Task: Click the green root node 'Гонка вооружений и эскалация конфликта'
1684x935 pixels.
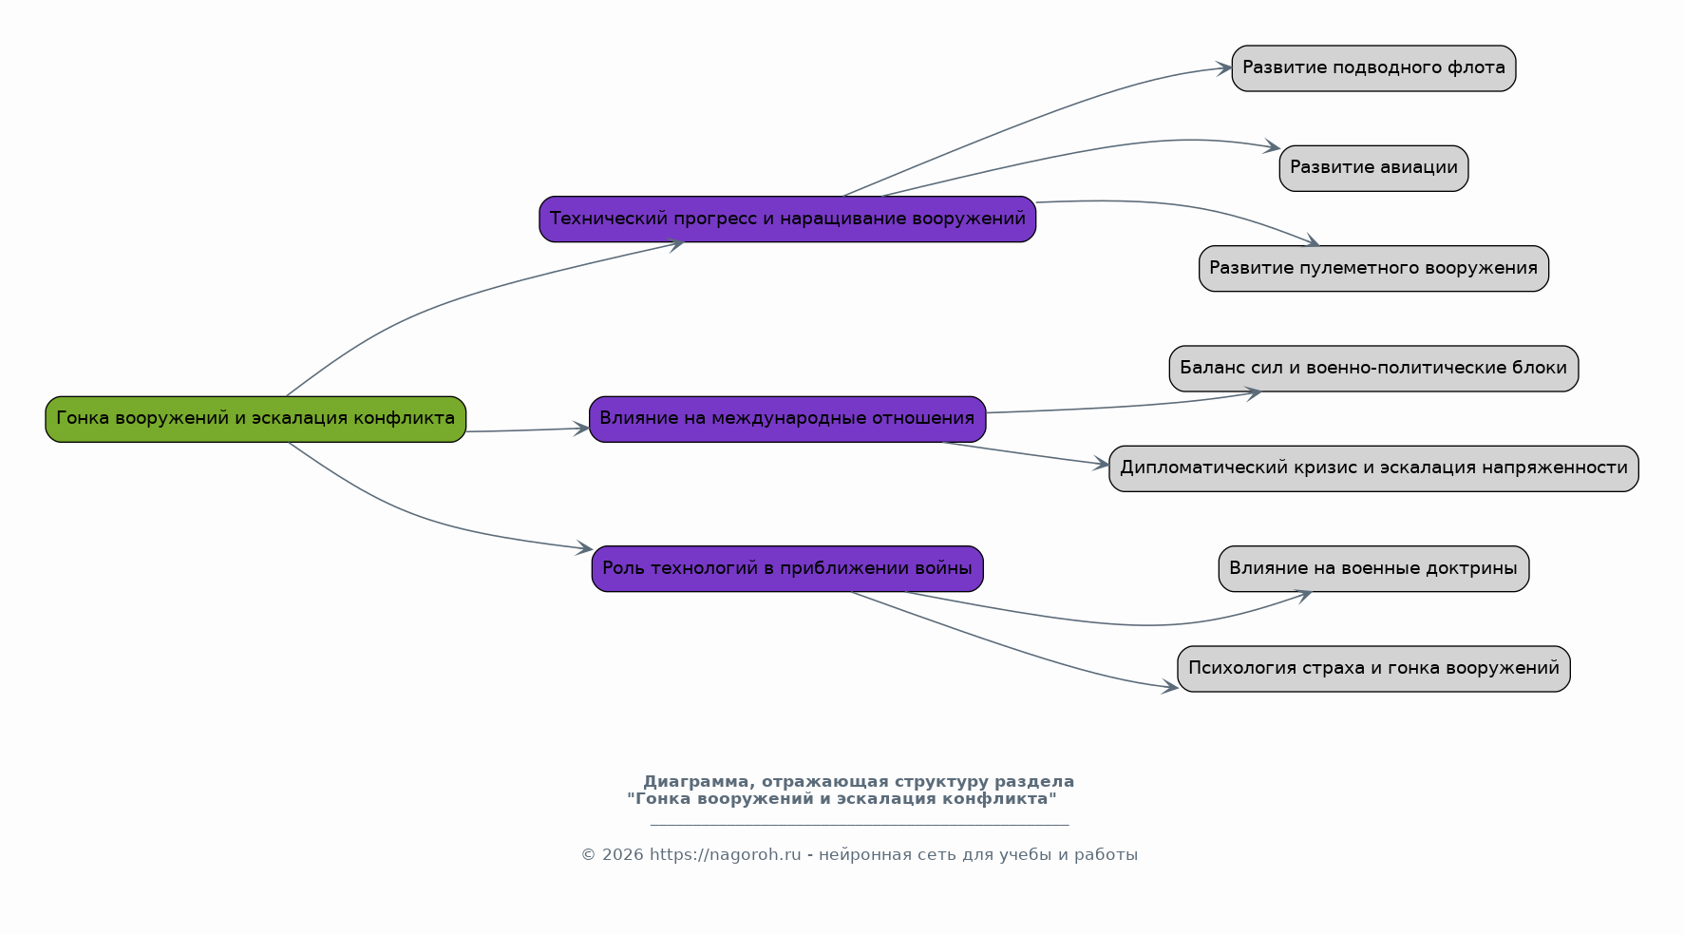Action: tap(255, 419)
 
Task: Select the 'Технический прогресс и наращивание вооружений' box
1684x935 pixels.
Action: tap(787, 219)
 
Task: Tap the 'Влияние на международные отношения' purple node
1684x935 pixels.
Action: tap(787, 419)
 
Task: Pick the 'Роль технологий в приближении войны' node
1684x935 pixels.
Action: tap(787, 569)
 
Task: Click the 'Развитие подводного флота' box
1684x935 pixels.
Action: tap(1373, 68)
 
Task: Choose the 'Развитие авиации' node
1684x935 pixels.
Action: tap(1373, 168)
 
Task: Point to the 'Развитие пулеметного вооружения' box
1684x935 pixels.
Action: tap(1373, 269)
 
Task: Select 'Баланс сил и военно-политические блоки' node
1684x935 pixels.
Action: tap(1373, 369)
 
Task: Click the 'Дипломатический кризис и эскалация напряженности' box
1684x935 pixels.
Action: tap(1373, 468)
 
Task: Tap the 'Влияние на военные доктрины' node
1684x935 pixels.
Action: tap(1373, 569)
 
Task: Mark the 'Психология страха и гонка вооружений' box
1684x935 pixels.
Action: tap(1373, 669)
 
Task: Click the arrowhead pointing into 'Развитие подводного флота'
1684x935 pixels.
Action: tap(1223, 68)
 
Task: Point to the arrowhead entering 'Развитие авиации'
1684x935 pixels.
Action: tap(1272, 147)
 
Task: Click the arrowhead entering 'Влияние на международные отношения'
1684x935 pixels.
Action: tap(580, 429)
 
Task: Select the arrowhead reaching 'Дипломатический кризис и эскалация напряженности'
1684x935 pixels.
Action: tap(1101, 465)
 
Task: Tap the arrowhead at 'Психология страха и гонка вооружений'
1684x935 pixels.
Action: tap(1170, 687)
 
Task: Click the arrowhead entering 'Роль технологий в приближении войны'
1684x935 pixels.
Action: tap(584, 548)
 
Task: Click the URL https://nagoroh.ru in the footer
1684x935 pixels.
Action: tap(726, 855)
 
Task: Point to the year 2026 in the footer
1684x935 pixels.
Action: tap(621, 855)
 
